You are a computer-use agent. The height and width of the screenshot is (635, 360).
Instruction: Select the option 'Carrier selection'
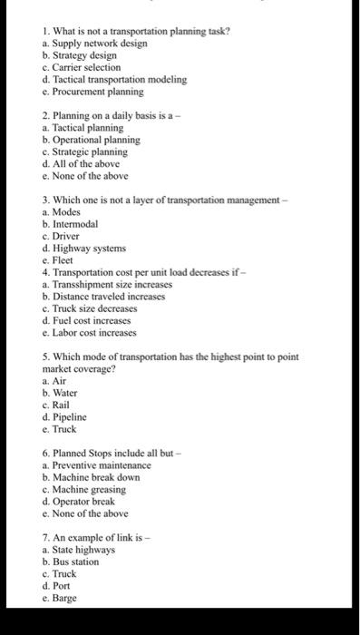85,67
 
